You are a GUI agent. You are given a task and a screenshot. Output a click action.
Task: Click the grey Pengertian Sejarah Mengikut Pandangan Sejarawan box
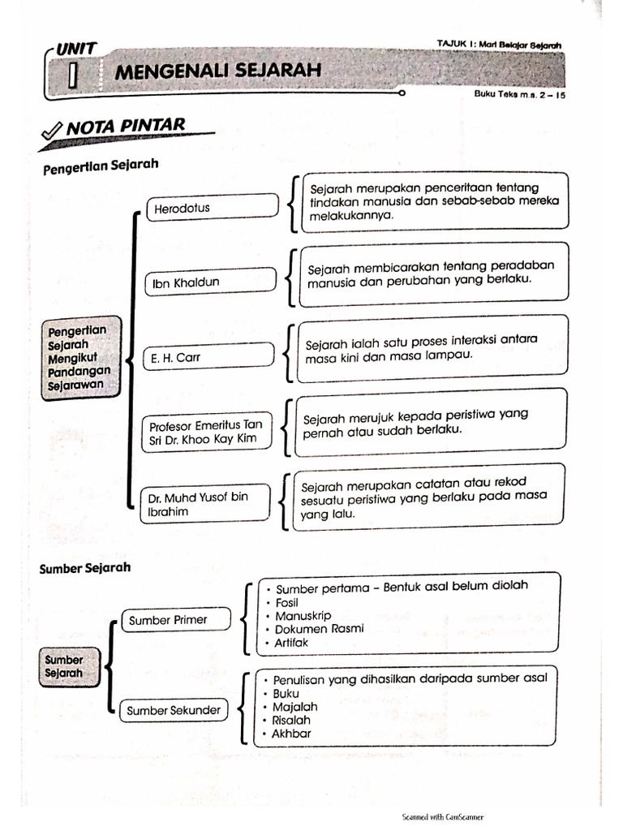click(81, 358)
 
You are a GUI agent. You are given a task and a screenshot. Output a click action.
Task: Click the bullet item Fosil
click(287, 603)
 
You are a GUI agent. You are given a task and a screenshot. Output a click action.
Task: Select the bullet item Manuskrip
click(303, 616)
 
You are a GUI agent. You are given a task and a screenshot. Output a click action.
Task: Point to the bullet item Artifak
click(291, 643)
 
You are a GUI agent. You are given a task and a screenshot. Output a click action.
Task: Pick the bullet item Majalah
click(295, 707)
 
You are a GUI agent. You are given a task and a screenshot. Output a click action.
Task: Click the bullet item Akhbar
click(292, 734)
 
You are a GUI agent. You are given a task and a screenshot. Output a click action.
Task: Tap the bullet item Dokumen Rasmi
click(319, 629)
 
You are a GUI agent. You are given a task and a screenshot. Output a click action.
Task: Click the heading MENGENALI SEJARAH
click(217, 71)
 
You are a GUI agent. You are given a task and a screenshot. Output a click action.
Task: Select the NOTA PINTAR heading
click(126, 126)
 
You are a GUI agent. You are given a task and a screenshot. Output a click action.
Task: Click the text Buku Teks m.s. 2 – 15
click(518, 94)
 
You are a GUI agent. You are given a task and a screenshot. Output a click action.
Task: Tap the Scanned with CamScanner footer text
click(442, 817)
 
